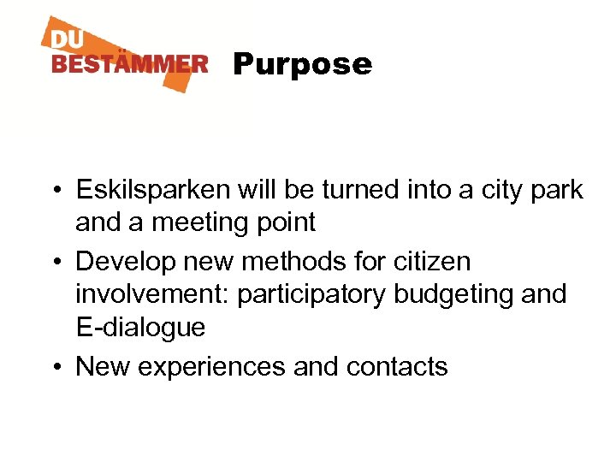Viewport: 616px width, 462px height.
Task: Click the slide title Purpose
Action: point(302,65)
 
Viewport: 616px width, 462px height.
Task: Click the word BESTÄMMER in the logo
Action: point(129,64)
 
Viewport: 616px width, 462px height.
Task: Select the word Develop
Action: point(127,261)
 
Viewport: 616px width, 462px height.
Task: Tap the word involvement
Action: point(151,294)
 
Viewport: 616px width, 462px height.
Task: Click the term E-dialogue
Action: point(140,328)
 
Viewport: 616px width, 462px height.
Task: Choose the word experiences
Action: point(211,366)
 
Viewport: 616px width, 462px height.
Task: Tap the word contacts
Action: point(397,366)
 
